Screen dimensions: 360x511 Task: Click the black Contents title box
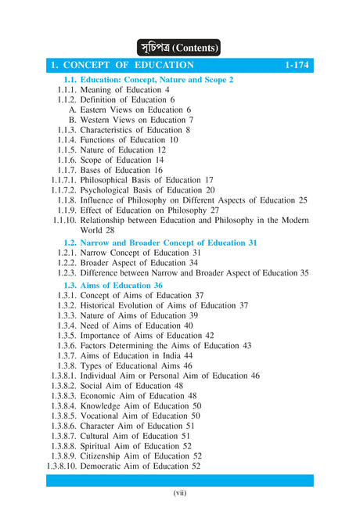pyautogui.click(x=179, y=46)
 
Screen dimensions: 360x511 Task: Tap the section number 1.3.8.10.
pyautogui.click(x=63, y=466)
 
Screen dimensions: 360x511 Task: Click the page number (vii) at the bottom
pyautogui.click(x=179, y=493)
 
